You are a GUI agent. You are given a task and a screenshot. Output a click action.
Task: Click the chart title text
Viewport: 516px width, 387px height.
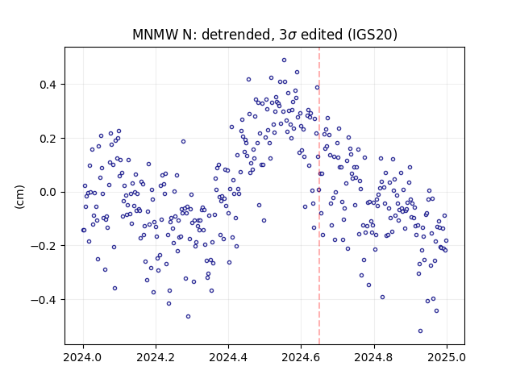tap(264, 35)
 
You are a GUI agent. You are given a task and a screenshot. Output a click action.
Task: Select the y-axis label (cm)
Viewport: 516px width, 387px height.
tap(19, 197)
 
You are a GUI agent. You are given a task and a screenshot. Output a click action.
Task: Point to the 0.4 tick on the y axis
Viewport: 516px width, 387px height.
tap(48, 85)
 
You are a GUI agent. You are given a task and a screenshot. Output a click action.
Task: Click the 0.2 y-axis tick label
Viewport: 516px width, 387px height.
tap(48, 139)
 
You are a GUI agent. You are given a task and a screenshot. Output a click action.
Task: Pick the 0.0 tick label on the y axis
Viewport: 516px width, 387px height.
tap(48, 192)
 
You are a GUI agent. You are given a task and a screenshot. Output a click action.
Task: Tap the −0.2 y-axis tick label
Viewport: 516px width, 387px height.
tap(44, 246)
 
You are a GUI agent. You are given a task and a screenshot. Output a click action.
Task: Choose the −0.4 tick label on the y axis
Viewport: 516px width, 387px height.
tap(44, 300)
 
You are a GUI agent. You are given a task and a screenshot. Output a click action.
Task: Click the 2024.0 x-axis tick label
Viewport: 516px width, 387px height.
tap(83, 357)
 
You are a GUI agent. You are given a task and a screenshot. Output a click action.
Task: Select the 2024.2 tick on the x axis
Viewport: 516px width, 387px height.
tap(156, 357)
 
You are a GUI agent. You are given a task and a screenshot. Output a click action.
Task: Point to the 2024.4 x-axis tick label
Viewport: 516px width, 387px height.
tap(228, 357)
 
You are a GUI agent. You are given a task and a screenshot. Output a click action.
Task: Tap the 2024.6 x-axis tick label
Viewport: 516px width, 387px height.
tap(301, 357)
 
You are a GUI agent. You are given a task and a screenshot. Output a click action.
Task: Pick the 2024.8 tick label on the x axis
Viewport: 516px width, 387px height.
tap(374, 357)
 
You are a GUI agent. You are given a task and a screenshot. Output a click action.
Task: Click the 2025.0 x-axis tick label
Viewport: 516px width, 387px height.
tap(447, 357)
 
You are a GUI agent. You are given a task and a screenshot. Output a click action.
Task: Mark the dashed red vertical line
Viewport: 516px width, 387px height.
tap(319, 196)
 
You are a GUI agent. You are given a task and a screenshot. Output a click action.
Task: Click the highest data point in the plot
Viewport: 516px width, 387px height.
tap(284, 60)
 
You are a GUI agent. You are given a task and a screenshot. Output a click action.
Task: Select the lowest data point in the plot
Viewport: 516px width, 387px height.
tap(420, 331)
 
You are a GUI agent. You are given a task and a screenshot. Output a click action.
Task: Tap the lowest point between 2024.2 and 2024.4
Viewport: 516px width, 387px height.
tap(188, 317)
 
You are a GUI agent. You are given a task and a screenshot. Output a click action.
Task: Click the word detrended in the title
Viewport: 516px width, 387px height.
tap(237, 35)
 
